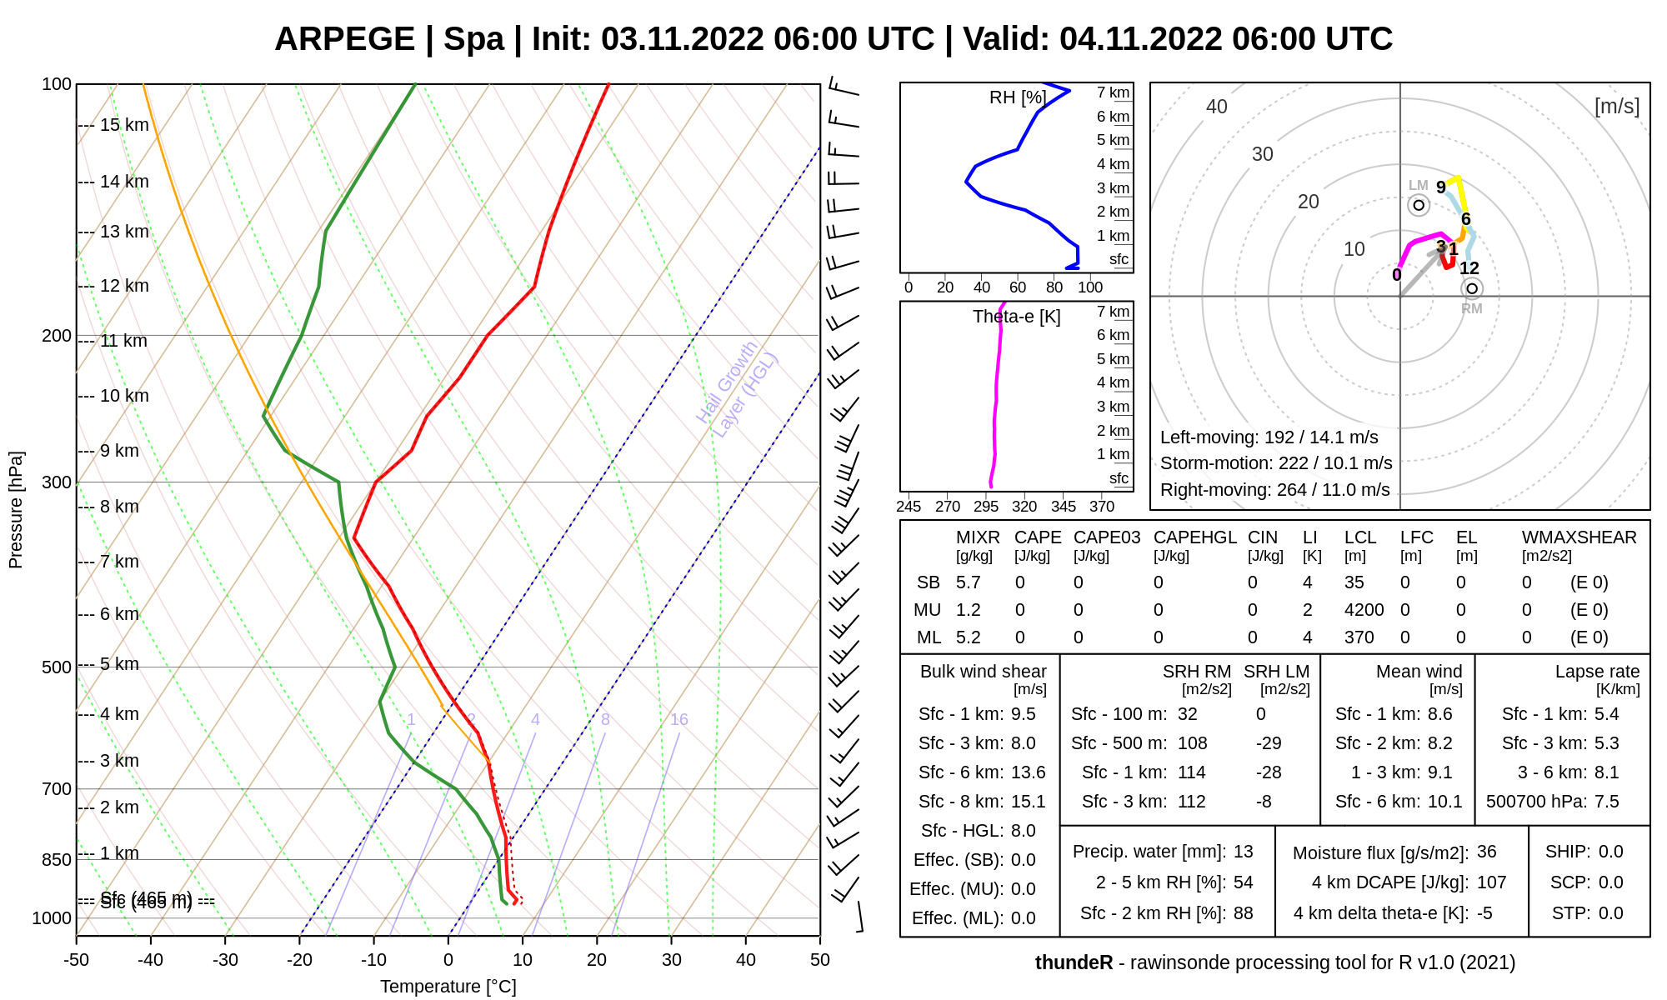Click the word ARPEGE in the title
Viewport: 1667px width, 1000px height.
[344, 39]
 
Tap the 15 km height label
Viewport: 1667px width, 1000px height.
[124, 125]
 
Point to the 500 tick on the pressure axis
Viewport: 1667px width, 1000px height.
[57, 667]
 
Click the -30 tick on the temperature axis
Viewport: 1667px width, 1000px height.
[225, 960]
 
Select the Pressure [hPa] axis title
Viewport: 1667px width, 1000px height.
[16, 510]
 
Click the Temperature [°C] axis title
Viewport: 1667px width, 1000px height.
[448, 987]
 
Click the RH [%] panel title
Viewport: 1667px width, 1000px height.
[1018, 97]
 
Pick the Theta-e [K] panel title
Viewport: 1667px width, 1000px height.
[1016, 317]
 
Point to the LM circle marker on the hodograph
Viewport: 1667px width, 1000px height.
[1419, 205]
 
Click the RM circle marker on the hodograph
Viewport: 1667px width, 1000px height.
[1472, 288]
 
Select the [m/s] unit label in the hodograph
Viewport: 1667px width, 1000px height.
[1616, 107]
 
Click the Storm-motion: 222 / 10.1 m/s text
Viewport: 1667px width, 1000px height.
[1276, 463]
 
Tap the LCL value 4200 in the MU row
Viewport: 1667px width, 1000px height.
[1364, 610]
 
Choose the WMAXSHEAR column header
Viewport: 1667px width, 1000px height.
[1579, 537]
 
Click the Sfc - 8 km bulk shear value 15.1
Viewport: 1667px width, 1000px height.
[1028, 802]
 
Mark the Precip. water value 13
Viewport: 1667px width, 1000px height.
[1243, 852]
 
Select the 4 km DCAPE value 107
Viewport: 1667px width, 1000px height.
[1491, 882]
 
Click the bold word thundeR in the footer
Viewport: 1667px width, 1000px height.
[1074, 962]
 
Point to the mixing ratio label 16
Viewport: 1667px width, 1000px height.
[679, 720]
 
